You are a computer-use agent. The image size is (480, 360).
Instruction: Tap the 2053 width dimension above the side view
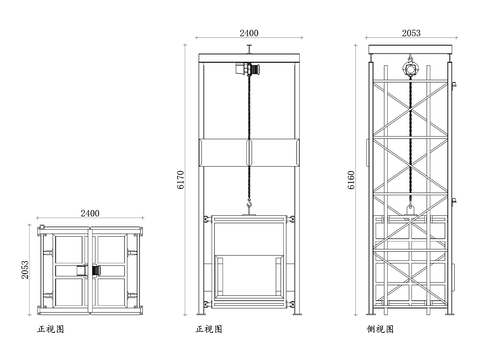pos(410,33)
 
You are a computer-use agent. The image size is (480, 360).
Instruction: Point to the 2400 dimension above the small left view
pos(89,213)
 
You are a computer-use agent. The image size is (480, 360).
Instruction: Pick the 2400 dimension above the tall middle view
pos(249,33)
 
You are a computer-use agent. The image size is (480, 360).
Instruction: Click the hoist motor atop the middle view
pos(246,71)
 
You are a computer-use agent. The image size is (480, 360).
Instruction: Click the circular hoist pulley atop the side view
pos(410,69)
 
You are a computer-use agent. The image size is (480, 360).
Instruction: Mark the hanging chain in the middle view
pos(248,140)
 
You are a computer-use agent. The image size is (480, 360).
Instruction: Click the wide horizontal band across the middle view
pos(249,153)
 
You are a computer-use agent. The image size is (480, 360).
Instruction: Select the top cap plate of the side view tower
pos(410,48)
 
